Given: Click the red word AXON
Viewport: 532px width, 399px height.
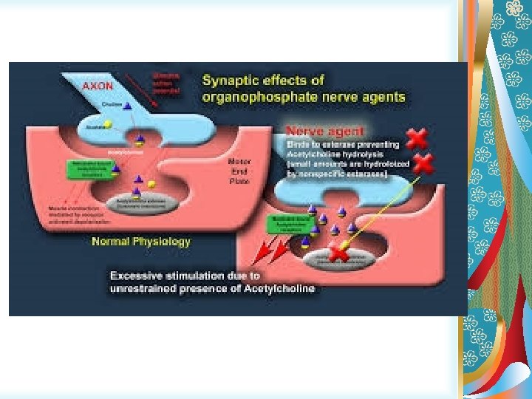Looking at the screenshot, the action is [x=98, y=85].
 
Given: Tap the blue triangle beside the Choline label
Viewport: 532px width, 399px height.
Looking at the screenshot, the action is [x=127, y=108].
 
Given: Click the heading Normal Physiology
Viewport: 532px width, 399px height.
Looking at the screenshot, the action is [x=141, y=242].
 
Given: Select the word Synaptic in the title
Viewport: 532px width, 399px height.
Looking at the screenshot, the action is [x=229, y=80].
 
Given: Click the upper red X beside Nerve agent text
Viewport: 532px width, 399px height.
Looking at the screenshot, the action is [x=417, y=137].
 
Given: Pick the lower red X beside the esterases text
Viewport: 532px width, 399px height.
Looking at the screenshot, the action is [x=422, y=164].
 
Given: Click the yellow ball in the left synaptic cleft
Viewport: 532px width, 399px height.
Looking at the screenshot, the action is [x=151, y=184].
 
